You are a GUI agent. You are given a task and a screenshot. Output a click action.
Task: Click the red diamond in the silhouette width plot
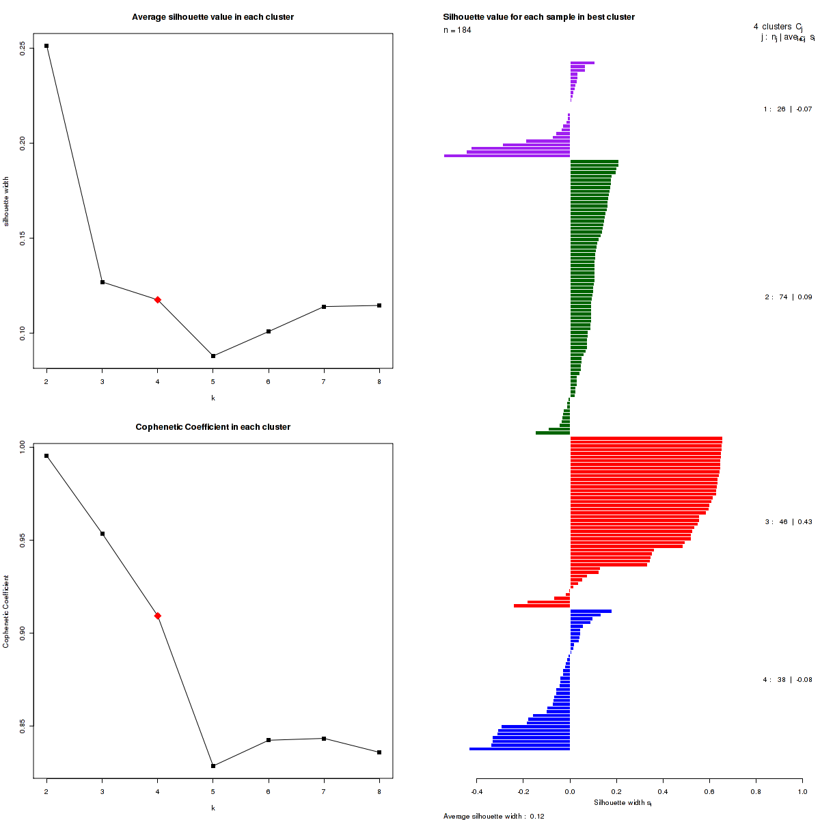pos(158,300)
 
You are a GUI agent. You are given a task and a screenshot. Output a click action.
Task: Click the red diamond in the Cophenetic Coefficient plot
pos(158,616)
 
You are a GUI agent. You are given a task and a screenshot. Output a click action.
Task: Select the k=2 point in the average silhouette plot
pos(46,46)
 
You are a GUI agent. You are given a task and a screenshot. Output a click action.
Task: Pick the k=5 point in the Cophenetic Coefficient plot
pos(213,766)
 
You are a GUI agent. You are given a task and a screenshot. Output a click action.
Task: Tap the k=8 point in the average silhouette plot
pos(379,305)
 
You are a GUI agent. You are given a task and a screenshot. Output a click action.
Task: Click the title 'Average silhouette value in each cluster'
pos(213,17)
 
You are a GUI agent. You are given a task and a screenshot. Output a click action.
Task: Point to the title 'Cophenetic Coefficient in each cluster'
pos(213,427)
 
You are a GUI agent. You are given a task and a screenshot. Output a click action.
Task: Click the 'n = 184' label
pos(457,30)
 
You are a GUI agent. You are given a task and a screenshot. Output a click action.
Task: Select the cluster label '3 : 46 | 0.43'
pos(788,522)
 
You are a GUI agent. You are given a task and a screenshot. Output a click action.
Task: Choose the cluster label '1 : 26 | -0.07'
pos(787,109)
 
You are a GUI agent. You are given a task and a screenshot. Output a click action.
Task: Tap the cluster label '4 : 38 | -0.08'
pos(787,680)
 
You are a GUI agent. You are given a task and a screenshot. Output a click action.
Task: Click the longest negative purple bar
pos(506,156)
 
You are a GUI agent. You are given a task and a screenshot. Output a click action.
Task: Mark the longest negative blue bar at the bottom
pos(519,749)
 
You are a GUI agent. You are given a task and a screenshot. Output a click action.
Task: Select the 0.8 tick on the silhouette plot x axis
pos(755,792)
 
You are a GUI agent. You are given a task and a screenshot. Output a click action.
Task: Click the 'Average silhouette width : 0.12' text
pos(493,816)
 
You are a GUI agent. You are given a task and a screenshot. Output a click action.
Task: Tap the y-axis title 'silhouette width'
pos(7,202)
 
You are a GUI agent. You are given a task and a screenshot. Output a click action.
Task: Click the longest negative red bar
pos(542,605)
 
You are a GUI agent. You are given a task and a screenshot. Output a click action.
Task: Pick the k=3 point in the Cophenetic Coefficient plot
pos(102,534)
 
